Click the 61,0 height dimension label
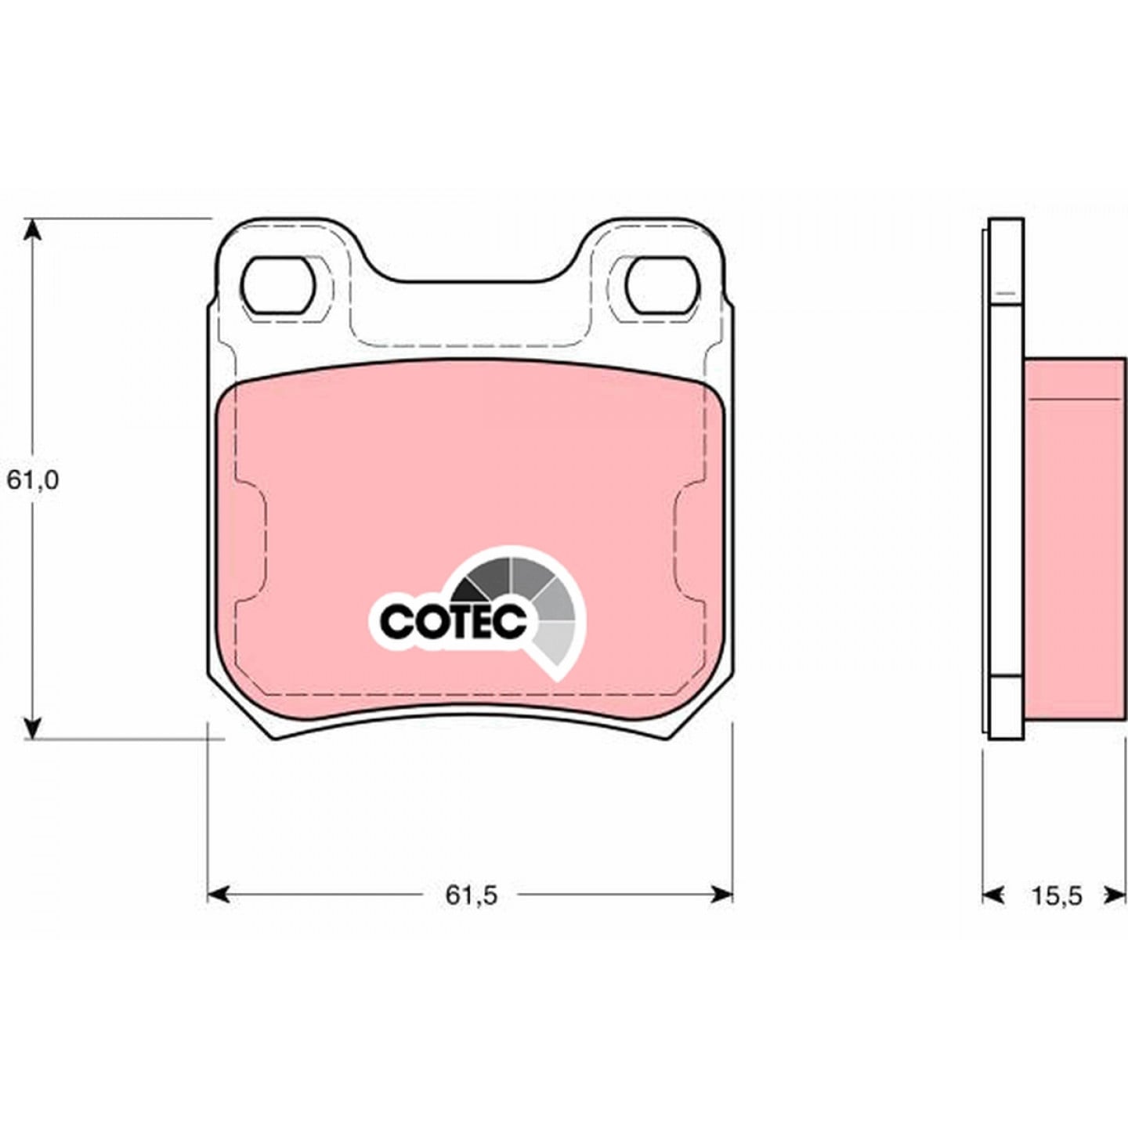point(33,481)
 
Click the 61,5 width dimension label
point(472,912)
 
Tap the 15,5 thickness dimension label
point(1057,913)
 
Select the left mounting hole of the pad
point(278,285)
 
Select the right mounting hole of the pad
point(663,285)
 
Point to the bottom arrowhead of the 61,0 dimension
point(33,728)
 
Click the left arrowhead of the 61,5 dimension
point(219,912)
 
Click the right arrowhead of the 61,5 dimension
point(721,912)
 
